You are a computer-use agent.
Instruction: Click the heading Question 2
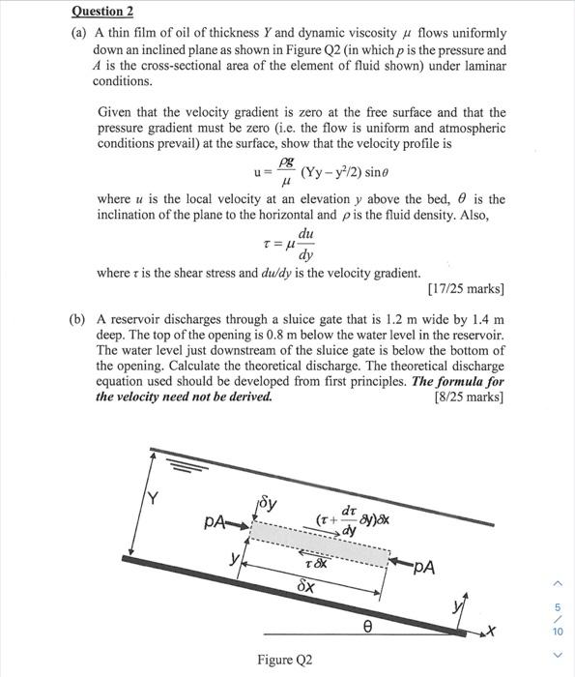pyautogui.click(x=102, y=11)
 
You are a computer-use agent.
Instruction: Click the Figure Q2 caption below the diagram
pyautogui.click(x=285, y=661)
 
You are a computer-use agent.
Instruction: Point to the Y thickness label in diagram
pyautogui.click(x=151, y=499)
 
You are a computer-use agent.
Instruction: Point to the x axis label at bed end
pyautogui.click(x=490, y=633)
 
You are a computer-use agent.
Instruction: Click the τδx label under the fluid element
pyautogui.click(x=315, y=563)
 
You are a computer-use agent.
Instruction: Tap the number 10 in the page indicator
pyautogui.click(x=557, y=631)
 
